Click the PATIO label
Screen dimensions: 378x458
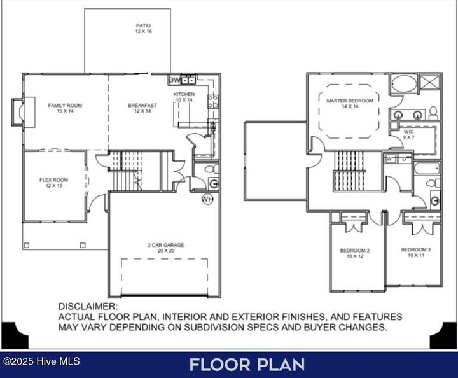point(142,26)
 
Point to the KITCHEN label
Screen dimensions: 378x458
point(184,94)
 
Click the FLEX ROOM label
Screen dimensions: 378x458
point(53,180)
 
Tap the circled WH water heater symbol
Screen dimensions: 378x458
point(207,199)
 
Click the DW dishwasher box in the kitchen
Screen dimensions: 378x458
point(174,80)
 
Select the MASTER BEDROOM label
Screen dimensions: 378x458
point(350,101)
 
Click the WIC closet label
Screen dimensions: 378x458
point(408,132)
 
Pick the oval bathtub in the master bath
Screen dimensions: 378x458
point(402,84)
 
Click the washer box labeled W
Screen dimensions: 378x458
point(389,159)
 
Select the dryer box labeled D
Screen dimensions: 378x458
point(404,159)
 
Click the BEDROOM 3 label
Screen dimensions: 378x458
point(416,249)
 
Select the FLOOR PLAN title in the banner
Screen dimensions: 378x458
point(247,365)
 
